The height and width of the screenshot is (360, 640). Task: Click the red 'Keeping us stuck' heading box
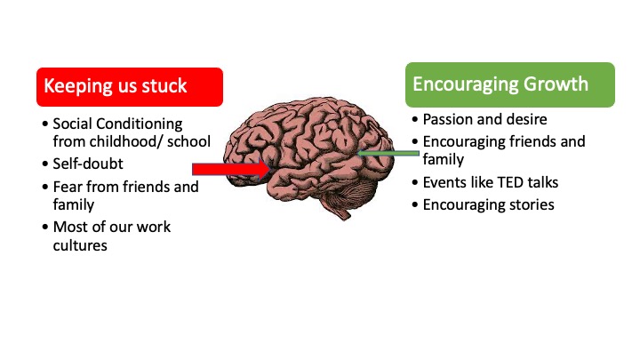point(130,87)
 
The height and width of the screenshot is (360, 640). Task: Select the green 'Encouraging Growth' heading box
point(510,85)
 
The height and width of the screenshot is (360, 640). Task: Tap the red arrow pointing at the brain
point(231,169)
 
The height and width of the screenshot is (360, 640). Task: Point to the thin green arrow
point(388,154)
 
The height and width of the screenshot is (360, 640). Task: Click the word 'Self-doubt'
point(88,164)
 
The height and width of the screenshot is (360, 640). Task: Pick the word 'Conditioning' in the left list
point(140,124)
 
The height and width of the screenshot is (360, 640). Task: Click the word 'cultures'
point(80,245)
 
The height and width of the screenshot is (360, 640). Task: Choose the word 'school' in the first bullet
point(189,141)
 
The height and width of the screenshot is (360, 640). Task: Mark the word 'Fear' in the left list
point(68,187)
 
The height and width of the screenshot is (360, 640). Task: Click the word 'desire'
point(526,119)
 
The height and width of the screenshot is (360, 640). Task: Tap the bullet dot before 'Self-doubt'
point(45,164)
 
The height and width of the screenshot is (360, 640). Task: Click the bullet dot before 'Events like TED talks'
point(415,183)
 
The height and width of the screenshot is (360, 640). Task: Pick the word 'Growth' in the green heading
point(556,84)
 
